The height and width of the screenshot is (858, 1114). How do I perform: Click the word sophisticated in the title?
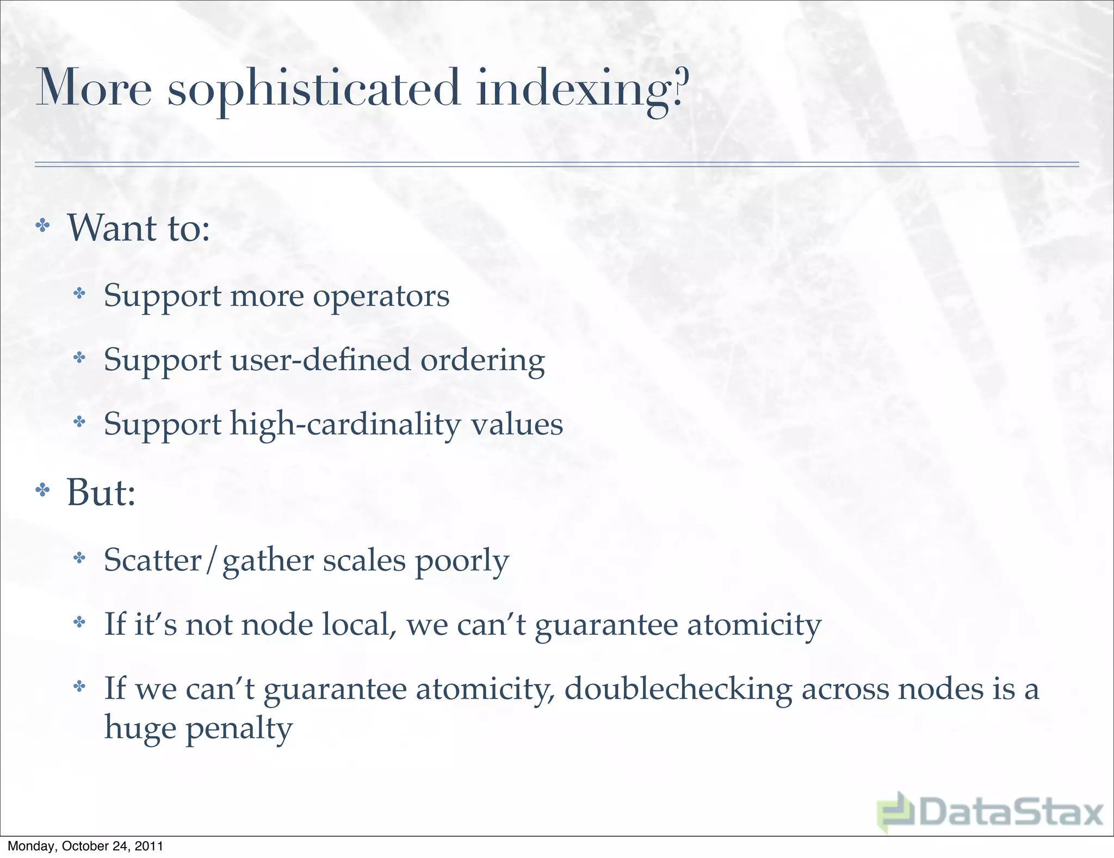[314, 89]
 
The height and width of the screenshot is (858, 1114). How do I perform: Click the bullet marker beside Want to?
[42, 225]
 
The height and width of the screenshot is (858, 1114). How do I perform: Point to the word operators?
[381, 297]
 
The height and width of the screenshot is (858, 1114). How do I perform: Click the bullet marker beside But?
[42, 491]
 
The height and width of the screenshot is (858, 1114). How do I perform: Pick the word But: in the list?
[101, 492]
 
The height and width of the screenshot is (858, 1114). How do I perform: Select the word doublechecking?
[678, 689]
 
